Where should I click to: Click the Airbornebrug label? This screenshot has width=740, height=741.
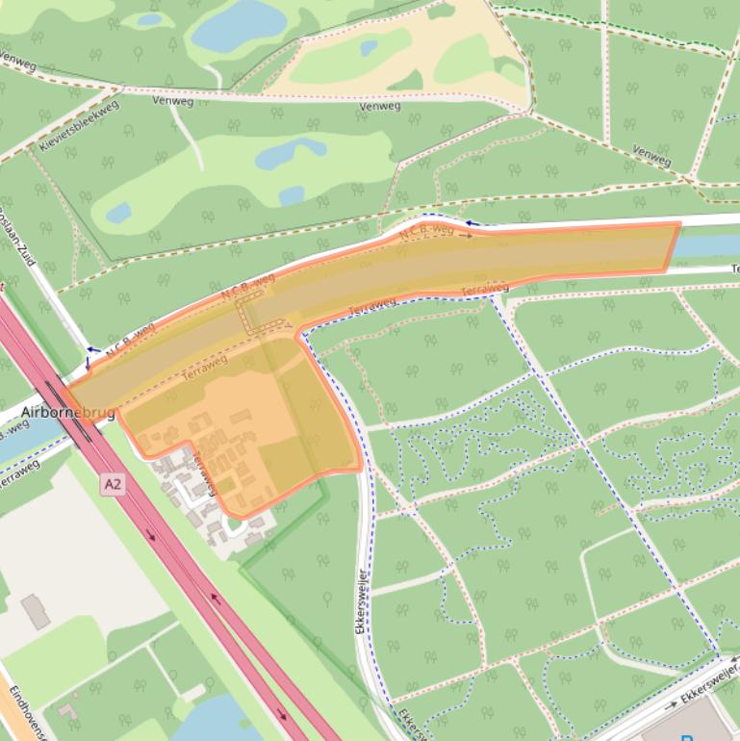(x=67, y=413)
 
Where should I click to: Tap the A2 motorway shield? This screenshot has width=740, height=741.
(x=113, y=486)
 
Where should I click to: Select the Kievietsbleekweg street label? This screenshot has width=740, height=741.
(x=79, y=124)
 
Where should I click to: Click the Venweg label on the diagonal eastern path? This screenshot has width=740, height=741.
(x=651, y=155)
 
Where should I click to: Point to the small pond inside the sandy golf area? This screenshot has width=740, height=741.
(x=369, y=47)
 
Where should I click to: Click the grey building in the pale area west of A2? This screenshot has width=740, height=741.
(x=36, y=611)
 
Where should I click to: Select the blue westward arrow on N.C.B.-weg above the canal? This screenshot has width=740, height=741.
(x=471, y=223)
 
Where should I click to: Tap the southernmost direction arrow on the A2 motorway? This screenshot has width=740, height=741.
(x=282, y=714)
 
